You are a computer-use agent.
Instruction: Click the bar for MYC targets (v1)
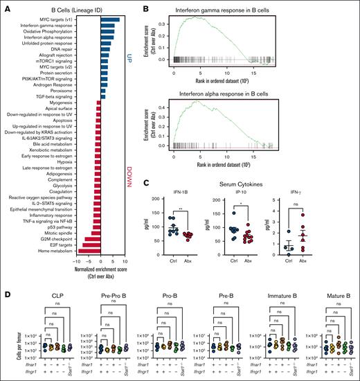point(109,19)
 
